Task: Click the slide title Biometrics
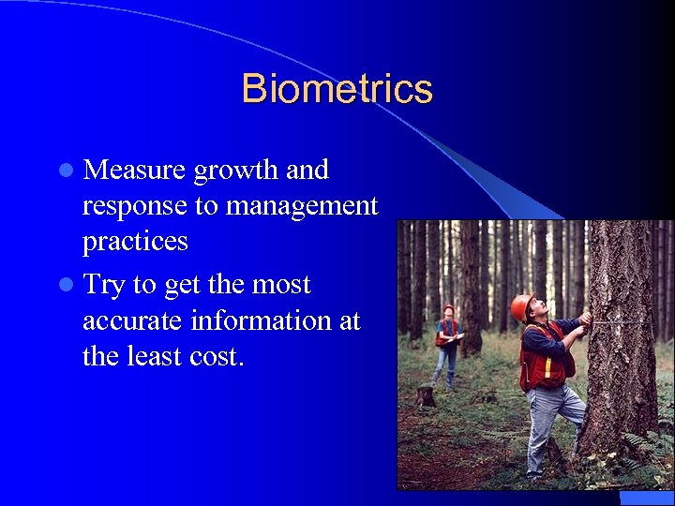pos(337,89)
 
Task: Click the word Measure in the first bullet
pos(134,171)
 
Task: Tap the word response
pos(134,207)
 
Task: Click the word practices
pos(135,242)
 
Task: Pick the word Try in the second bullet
pos(103,286)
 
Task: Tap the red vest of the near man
pos(538,361)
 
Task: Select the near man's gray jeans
pos(548,422)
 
